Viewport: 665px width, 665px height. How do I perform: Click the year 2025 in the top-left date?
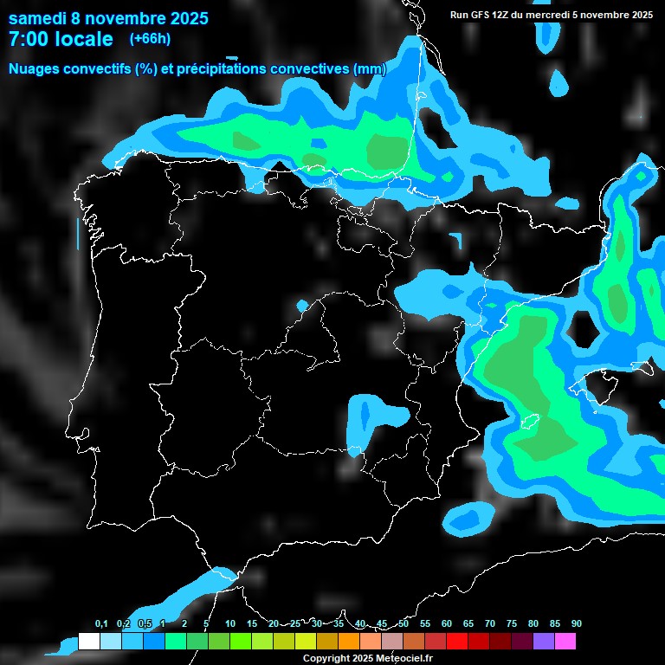[182, 18]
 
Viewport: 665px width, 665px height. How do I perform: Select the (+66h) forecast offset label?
[150, 38]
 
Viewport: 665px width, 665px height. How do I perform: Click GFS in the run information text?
[481, 15]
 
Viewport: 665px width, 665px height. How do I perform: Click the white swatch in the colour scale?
[88, 642]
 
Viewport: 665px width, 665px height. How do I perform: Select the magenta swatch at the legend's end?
[565, 642]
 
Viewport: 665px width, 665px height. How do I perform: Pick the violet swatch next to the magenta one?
[544, 642]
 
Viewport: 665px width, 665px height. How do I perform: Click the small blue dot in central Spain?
[301, 306]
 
